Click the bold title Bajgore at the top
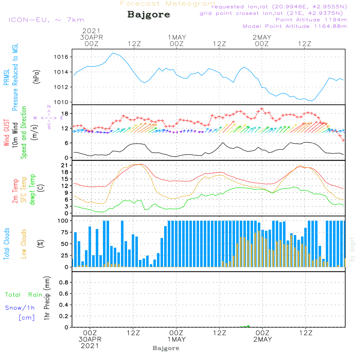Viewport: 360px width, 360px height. [149, 15]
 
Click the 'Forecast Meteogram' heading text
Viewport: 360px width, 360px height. [168, 4]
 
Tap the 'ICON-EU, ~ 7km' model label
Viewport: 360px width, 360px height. [46, 20]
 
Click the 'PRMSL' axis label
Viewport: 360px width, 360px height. [6, 78]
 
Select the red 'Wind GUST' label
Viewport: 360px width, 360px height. [6, 133]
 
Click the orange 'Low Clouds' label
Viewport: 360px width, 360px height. [24, 244]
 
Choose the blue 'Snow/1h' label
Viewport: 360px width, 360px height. [20, 308]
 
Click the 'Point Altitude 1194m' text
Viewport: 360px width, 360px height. [311, 20]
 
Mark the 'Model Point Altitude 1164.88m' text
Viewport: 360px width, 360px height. [295, 26]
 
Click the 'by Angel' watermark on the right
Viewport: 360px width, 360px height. [352, 249]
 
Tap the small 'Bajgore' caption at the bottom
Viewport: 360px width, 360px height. [166, 348]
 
